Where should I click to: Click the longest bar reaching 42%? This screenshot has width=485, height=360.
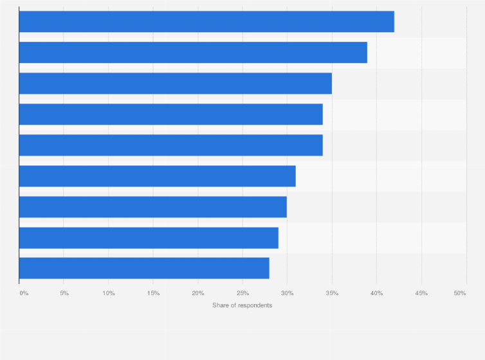click(x=206, y=22)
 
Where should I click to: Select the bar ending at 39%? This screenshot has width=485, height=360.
click(x=193, y=53)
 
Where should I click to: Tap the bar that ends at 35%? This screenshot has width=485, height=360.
click(x=175, y=84)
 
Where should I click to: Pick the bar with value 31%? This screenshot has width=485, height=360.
click(x=157, y=176)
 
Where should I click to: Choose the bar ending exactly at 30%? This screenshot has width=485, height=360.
click(x=152, y=207)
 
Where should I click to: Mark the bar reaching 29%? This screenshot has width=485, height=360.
click(x=149, y=238)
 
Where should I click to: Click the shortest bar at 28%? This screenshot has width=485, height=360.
click(x=144, y=269)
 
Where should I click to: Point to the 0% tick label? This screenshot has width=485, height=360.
click(x=24, y=293)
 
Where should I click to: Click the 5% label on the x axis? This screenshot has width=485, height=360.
click(x=64, y=293)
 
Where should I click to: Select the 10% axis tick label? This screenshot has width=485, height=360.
click(x=109, y=293)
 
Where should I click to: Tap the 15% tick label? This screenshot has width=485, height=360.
click(x=153, y=293)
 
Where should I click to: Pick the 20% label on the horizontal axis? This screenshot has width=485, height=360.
click(x=198, y=293)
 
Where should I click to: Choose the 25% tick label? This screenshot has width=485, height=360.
click(x=243, y=293)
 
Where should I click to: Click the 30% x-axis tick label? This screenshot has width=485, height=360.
click(x=287, y=293)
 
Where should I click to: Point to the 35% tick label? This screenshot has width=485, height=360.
click(x=332, y=293)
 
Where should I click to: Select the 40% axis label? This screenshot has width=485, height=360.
click(x=376, y=293)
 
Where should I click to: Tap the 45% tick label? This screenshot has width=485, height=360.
click(x=421, y=293)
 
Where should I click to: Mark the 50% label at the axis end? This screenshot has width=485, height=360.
click(x=460, y=293)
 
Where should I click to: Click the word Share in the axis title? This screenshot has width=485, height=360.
click(x=221, y=305)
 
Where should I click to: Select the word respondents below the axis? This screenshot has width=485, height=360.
click(x=255, y=305)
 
